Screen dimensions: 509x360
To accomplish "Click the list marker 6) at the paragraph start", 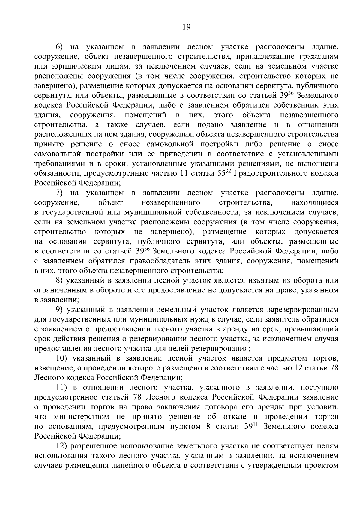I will click(x=61, y=47).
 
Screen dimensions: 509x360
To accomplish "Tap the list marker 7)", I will click(x=61, y=193).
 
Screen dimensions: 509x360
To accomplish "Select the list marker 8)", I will click(x=61, y=281).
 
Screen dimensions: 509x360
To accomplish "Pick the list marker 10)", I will click(x=62, y=358).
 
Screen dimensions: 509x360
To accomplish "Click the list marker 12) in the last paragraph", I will click(x=62, y=446).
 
